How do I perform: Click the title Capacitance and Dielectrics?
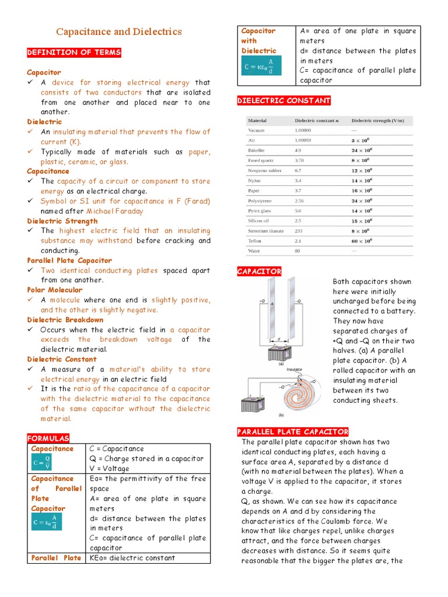[x=118, y=32]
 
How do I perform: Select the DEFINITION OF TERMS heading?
[x=74, y=52]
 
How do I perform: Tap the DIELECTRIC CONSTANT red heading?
[x=283, y=101]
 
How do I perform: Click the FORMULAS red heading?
[x=48, y=438]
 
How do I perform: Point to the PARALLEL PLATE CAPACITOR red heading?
[x=292, y=431]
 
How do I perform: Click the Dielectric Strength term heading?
[x=62, y=221]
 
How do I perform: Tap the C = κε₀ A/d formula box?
[x=262, y=65]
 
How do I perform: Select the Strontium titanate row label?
[x=265, y=231]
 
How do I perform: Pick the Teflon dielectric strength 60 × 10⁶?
[x=360, y=241]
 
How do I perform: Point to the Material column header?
[x=257, y=121]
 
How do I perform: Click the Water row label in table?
[x=255, y=251]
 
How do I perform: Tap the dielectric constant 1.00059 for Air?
[x=303, y=141]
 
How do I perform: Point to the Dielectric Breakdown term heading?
[x=65, y=319]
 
